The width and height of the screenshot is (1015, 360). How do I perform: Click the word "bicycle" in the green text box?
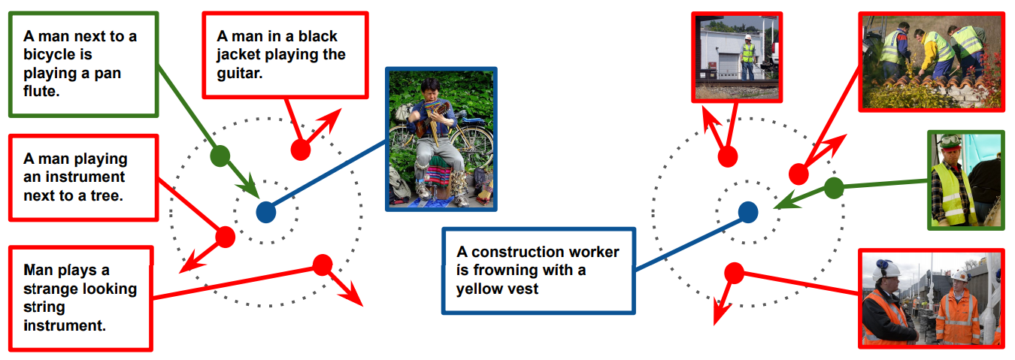[58, 55]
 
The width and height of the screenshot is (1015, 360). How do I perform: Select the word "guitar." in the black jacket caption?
[239, 74]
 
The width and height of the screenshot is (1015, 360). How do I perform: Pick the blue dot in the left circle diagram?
[266, 213]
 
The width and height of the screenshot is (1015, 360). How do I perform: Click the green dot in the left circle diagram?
[220, 156]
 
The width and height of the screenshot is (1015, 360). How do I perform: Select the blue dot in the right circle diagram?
[748, 213]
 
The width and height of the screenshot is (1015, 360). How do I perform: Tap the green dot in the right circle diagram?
[834, 188]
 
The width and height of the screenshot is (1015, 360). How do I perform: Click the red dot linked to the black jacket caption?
[301, 150]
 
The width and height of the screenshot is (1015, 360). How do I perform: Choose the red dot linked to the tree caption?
[226, 237]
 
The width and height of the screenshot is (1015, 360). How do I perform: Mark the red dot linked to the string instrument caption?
[323, 265]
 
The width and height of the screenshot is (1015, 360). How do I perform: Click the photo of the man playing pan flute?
[441, 139]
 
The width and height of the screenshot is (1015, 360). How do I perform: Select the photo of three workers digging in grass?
[932, 62]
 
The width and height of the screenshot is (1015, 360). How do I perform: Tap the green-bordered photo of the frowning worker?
[965, 180]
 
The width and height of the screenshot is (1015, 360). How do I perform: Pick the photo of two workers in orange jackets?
[932, 298]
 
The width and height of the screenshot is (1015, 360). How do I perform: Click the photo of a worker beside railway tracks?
[738, 57]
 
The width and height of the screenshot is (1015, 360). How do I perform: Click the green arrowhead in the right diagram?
[785, 200]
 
